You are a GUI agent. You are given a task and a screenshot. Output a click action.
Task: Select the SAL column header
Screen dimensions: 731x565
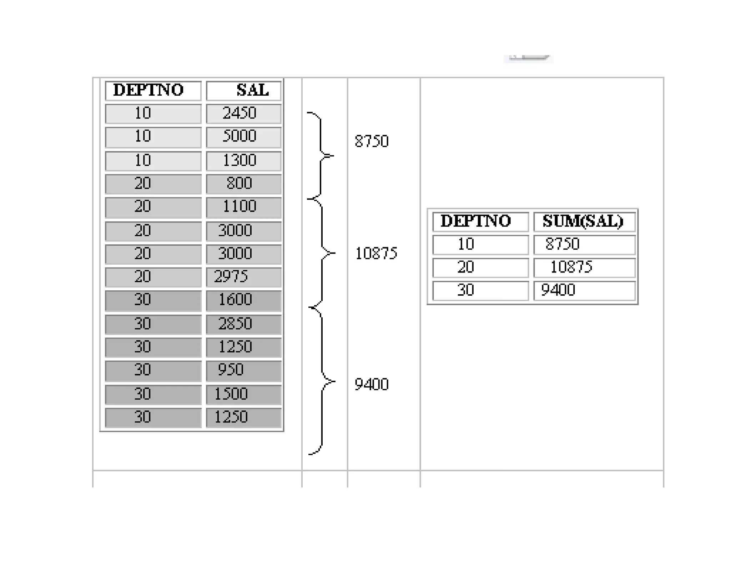(x=244, y=91)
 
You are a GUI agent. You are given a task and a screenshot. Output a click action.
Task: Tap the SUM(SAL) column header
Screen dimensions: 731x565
(x=584, y=221)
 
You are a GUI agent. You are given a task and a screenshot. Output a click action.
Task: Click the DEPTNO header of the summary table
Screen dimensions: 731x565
(x=480, y=221)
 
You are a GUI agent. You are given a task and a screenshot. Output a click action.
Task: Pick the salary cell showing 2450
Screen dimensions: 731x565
(x=244, y=114)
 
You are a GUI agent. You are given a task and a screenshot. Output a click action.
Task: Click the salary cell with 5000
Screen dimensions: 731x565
(x=244, y=137)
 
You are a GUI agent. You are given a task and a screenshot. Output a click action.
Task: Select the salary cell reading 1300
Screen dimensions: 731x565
(x=244, y=161)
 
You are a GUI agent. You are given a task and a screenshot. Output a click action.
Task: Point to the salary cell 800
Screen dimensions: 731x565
(x=244, y=184)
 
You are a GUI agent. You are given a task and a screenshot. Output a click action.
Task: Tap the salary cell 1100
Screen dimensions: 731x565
(x=244, y=207)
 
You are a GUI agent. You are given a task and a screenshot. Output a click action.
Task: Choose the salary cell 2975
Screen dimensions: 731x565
(x=244, y=277)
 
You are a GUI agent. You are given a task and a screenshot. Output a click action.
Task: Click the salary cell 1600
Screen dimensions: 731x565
(x=244, y=300)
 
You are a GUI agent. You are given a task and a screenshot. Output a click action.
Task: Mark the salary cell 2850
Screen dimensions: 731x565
(x=244, y=324)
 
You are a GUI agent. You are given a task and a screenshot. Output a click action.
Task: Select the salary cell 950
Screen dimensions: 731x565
(x=244, y=370)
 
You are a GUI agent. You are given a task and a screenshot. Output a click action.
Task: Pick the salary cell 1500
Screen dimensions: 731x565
(x=244, y=394)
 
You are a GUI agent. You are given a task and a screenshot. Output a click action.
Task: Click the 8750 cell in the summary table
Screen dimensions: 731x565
(x=584, y=245)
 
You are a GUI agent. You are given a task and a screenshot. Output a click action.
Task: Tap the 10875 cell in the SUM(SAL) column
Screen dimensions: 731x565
(x=584, y=267)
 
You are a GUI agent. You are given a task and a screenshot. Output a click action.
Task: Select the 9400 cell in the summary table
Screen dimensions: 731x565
(x=584, y=290)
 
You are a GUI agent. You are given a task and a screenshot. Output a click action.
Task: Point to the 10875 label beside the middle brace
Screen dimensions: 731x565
(x=376, y=254)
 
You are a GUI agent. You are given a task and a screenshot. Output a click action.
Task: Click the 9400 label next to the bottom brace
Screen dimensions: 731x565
(x=372, y=385)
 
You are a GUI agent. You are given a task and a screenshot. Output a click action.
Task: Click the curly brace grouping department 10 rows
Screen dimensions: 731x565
(x=321, y=156)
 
